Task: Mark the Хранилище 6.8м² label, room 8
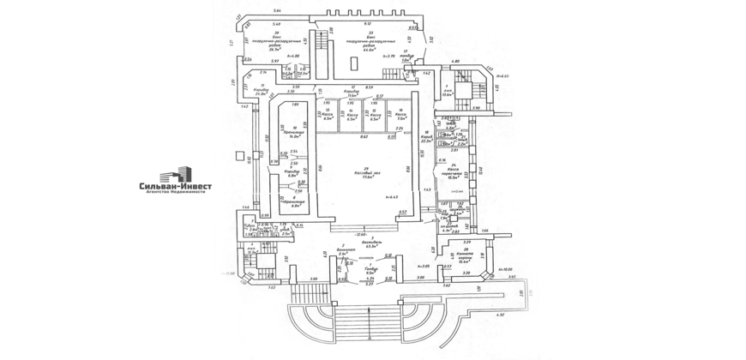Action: (295, 202)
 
